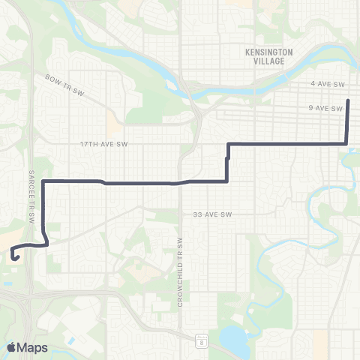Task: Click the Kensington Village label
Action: coord(268,56)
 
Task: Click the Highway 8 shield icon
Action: coord(202,340)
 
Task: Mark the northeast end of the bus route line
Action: coord(348,100)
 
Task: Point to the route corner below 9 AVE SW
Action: coord(346,142)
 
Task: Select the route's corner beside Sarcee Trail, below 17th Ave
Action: coord(44,181)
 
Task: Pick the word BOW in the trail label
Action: coord(51,77)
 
